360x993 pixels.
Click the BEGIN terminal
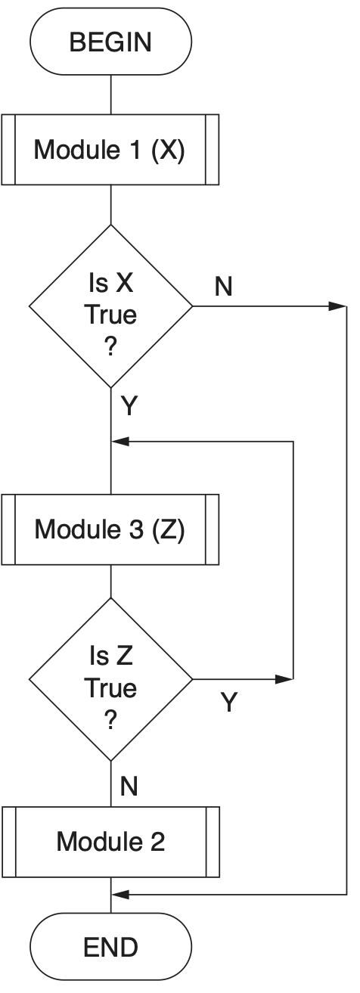tap(110, 42)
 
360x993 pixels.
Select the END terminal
tap(110, 948)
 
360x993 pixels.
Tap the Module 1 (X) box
tap(110, 150)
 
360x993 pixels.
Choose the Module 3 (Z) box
tap(110, 529)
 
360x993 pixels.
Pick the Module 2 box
tap(110, 842)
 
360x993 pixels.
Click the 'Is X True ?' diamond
tap(110, 305)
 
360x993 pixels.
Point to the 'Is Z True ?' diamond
tap(110, 678)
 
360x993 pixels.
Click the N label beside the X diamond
tap(224, 287)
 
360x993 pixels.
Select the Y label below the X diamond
tap(129, 407)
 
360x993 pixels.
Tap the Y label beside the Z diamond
tap(229, 703)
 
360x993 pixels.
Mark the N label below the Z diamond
tap(129, 787)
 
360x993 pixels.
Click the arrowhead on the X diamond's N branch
tap(338, 306)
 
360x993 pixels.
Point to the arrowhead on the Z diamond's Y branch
tap(284, 679)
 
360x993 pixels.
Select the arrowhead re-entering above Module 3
tap(120, 441)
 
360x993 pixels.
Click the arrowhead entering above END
tap(120, 895)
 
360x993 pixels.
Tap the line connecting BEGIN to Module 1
tap(110, 95)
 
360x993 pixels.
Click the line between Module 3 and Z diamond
tap(110, 581)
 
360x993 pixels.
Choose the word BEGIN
tap(110, 42)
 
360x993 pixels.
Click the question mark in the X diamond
tap(110, 347)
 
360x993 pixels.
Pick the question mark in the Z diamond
tap(110, 721)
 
